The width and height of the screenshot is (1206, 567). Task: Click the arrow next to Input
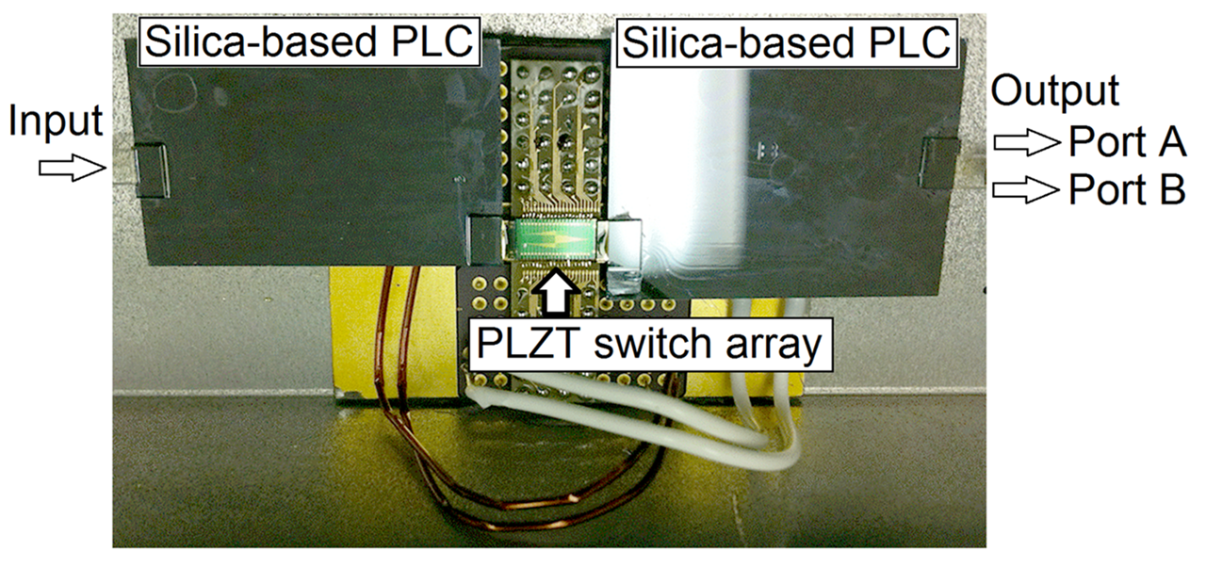point(69,168)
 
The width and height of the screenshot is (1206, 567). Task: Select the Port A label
point(1126,143)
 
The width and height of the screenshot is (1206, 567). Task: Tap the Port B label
point(1126,190)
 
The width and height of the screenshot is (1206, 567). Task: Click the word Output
point(1055,91)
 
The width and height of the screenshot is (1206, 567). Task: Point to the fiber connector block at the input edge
point(151,171)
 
